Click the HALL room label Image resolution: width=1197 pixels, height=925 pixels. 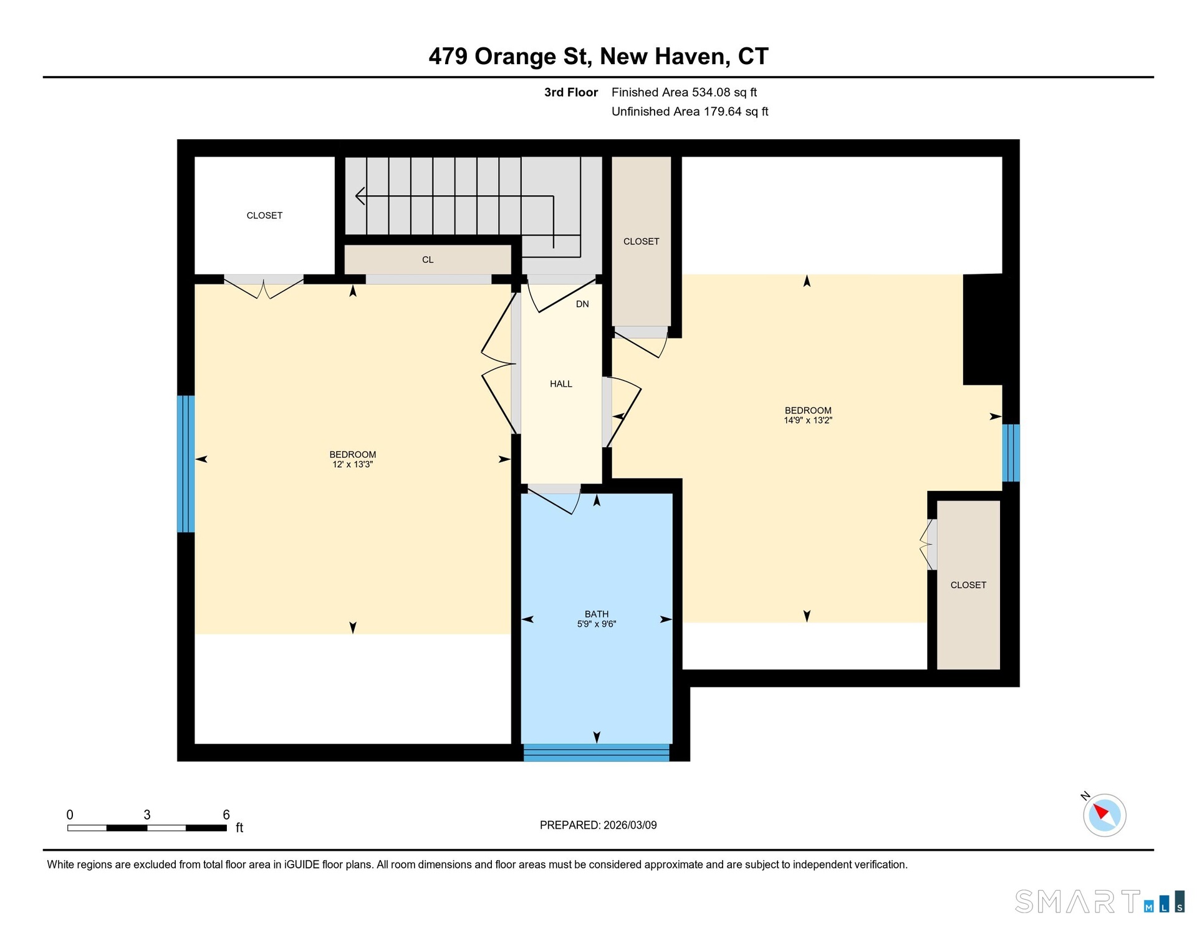(x=560, y=384)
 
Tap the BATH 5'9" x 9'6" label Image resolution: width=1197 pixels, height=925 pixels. (x=597, y=619)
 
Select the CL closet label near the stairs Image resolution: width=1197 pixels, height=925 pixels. (x=428, y=259)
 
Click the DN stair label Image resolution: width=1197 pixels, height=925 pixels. (x=582, y=304)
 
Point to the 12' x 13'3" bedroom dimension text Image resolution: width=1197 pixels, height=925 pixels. (x=353, y=465)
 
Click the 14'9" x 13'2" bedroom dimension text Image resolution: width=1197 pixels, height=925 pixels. (x=808, y=420)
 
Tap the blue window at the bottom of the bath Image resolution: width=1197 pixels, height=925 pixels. (x=597, y=752)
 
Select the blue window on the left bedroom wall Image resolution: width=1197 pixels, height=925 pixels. (x=186, y=464)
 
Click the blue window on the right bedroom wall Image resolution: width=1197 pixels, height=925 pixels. (x=1011, y=453)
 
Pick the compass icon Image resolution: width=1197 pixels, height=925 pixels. (x=1104, y=815)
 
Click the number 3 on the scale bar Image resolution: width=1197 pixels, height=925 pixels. (x=147, y=815)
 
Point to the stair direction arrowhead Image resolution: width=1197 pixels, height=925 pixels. (x=360, y=196)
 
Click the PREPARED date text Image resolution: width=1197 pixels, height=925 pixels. (x=598, y=825)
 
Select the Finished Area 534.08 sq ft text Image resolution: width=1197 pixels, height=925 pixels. (x=684, y=92)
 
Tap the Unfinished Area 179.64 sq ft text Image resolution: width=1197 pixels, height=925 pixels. (x=690, y=112)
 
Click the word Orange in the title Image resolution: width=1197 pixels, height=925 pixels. (x=515, y=57)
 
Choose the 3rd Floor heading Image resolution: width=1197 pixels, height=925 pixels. (x=570, y=92)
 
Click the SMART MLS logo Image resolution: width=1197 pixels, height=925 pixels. (x=1100, y=901)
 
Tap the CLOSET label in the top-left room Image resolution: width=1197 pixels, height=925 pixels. (x=264, y=216)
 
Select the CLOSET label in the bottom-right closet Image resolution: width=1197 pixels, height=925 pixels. (x=968, y=585)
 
